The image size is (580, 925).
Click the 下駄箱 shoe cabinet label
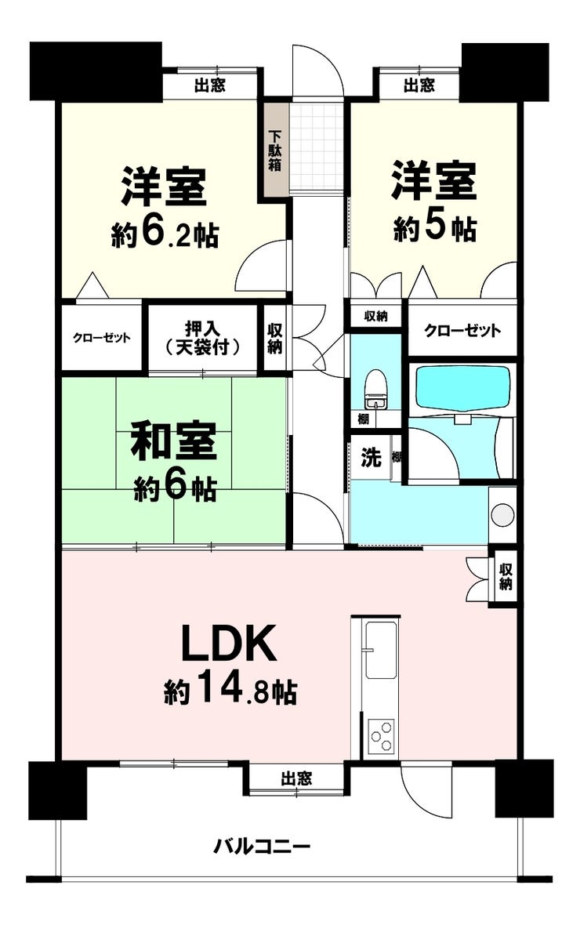point(276,151)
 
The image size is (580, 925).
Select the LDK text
point(228,646)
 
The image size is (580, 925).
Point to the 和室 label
point(173,442)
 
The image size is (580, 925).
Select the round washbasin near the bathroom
point(502,513)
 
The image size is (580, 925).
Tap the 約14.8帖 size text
point(230,692)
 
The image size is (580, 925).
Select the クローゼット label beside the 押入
point(101,338)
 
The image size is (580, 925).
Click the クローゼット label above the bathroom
point(462,331)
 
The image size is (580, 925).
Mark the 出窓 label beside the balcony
point(297,778)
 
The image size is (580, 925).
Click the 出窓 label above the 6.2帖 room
point(210,85)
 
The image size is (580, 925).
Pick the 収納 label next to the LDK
point(506,576)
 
